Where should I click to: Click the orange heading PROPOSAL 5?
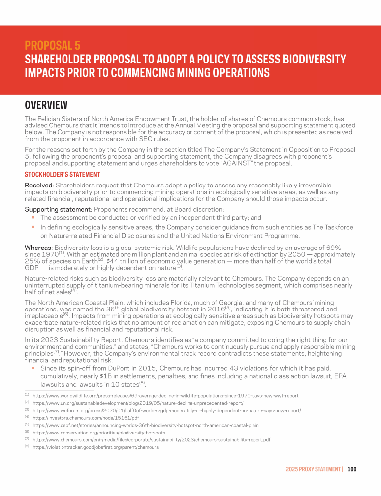(53, 46)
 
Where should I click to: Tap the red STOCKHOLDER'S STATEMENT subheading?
(63, 174)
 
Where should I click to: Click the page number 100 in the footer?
(352, 469)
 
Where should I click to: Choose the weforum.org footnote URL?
(166, 411)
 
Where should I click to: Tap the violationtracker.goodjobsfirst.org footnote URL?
(95, 447)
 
